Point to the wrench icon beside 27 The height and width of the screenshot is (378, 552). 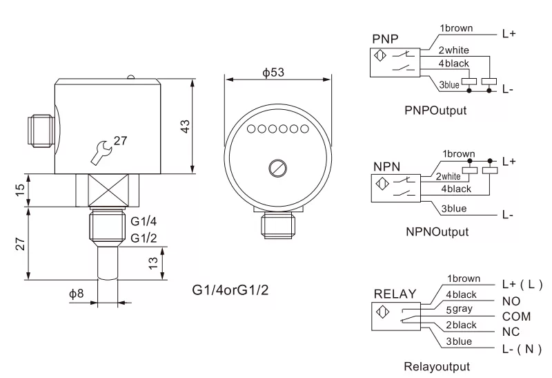coord(101,150)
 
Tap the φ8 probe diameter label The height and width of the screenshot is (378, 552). coord(76,293)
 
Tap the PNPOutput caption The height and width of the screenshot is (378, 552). coord(436,110)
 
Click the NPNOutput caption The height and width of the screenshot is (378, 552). coord(437,231)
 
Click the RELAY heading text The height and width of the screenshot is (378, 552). coord(395,294)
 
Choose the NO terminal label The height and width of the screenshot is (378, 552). coord(510,302)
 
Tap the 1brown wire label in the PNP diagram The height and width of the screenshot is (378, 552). coord(457,29)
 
